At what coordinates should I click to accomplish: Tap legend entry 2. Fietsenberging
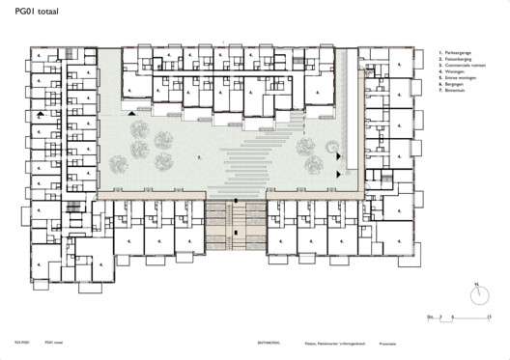click(x=460, y=63)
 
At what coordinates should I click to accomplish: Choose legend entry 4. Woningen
click(x=456, y=76)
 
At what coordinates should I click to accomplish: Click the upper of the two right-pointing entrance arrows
click(x=339, y=155)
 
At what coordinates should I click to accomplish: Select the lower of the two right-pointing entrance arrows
click(x=339, y=173)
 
